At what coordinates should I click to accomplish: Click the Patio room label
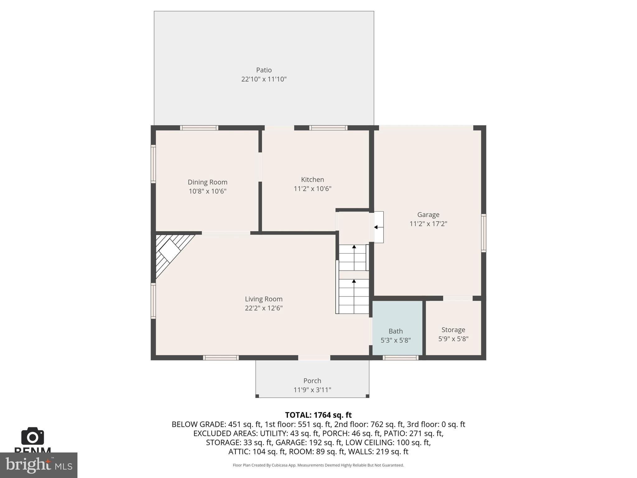point(264,70)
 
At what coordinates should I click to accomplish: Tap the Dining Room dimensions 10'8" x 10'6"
point(207,191)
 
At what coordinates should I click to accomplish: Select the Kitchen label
point(312,180)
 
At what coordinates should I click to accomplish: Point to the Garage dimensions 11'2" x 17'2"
point(428,224)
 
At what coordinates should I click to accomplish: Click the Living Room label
point(263,299)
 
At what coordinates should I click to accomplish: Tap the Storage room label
point(453,330)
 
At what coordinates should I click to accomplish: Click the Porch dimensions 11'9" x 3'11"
point(312,390)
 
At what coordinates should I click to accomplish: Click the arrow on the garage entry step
point(376,227)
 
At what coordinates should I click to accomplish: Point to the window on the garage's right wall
point(484,233)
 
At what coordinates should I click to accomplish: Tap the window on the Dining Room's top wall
point(199,128)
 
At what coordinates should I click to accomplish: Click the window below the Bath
point(400,358)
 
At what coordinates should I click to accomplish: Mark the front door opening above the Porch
point(314,358)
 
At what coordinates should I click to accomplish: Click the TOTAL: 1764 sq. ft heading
point(318,415)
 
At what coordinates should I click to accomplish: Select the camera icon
point(32,436)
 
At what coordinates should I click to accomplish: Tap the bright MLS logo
point(39,465)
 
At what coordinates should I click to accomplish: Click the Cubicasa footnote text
point(318,465)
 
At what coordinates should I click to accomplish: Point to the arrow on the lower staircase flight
point(354,282)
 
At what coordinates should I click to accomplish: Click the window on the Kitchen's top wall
point(328,128)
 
